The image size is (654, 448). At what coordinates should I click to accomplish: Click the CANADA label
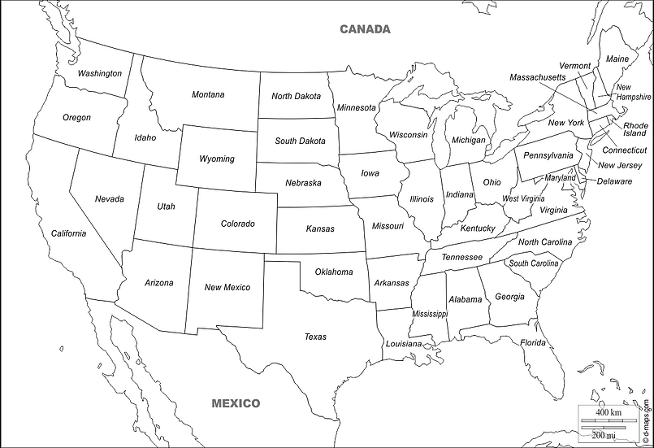(x=365, y=29)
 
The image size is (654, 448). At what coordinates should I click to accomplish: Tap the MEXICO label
(x=236, y=402)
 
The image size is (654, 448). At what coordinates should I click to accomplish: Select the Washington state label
(x=99, y=73)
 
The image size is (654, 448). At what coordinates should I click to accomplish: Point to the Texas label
(x=315, y=336)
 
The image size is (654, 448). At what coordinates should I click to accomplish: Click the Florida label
(x=534, y=342)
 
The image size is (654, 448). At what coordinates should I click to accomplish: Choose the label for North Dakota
(x=296, y=96)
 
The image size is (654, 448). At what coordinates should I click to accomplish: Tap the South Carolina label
(x=534, y=263)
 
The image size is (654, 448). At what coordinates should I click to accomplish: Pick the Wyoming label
(x=216, y=159)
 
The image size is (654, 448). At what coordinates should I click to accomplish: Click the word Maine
(x=617, y=59)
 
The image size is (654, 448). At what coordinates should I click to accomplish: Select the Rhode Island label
(x=635, y=129)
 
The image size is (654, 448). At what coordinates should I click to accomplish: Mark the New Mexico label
(x=227, y=287)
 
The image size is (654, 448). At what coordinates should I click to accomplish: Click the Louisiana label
(x=404, y=344)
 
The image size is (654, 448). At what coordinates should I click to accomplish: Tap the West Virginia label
(x=522, y=198)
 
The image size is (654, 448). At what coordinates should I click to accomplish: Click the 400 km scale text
(x=608, y=413)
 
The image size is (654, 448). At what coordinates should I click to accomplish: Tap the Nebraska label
(x=303, y=183)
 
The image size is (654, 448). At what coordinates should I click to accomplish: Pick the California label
(x=68, y=233)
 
